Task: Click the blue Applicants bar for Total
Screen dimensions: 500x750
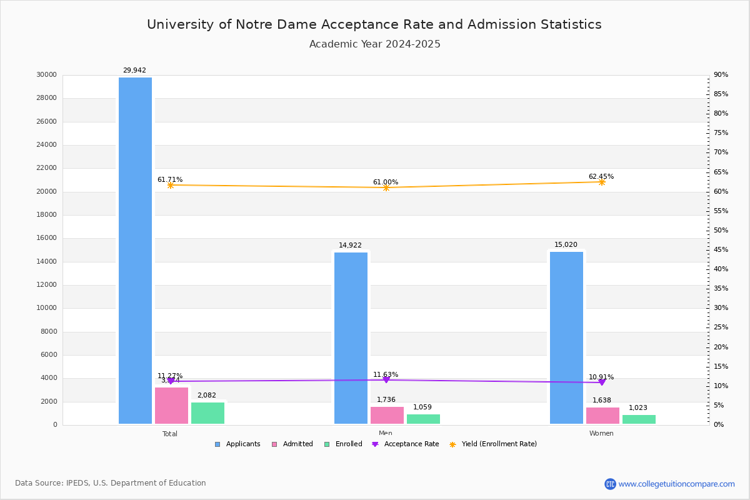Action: pos(135,250)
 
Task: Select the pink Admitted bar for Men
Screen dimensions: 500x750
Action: pos(387,416)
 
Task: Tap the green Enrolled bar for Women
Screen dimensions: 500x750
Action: pos(639,419)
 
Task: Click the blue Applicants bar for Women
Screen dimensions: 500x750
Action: pos(566,337)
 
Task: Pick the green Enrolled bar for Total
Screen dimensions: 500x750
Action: pos(207,413)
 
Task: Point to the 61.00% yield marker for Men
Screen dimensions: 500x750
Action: pos(386,187)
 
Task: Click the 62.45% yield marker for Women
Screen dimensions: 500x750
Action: pos(601,182)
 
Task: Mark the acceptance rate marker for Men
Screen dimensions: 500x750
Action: pos(386,380)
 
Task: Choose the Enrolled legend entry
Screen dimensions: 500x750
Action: pos(343,444)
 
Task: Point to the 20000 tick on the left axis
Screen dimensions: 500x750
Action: pos(47,192)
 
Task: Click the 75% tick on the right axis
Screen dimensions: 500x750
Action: pos(721,133)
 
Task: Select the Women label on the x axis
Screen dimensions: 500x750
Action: pos(601,434)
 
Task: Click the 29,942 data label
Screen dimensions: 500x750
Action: pos(134,71)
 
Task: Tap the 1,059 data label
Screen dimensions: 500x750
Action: pos(422,407)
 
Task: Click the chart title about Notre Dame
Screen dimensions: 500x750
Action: pos(374,25)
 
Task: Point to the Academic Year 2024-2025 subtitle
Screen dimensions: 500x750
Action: pos(374,44)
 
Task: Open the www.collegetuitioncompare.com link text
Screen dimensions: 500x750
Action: pos(676,484)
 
